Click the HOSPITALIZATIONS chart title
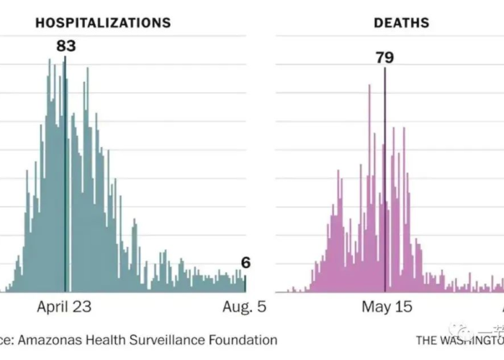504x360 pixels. (103, 23)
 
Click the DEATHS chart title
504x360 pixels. (401, 23)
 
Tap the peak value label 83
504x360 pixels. (66, 47)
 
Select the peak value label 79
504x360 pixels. (384, 58)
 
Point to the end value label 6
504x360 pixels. (245, 264)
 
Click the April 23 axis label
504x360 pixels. (64, 307)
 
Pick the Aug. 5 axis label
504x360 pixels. (243, 307)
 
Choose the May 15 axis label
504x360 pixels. (387, 307)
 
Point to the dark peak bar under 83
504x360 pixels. (66, 173)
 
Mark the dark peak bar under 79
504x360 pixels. (384, 180)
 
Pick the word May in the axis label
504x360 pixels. (376, 307)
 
